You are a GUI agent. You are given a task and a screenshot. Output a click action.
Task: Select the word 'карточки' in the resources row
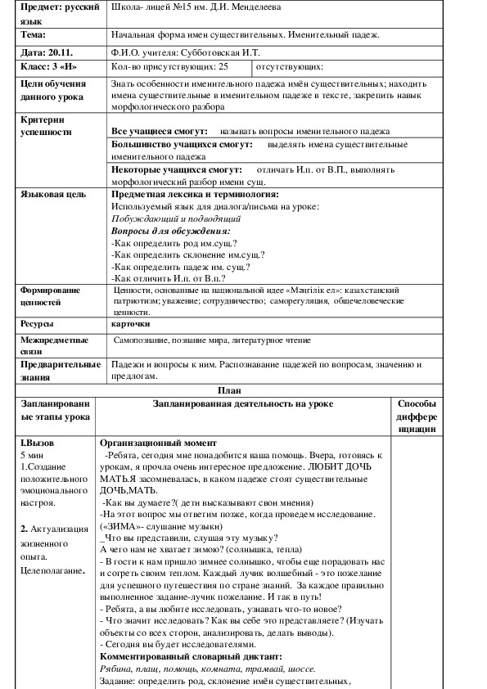[x=131, y=323]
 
